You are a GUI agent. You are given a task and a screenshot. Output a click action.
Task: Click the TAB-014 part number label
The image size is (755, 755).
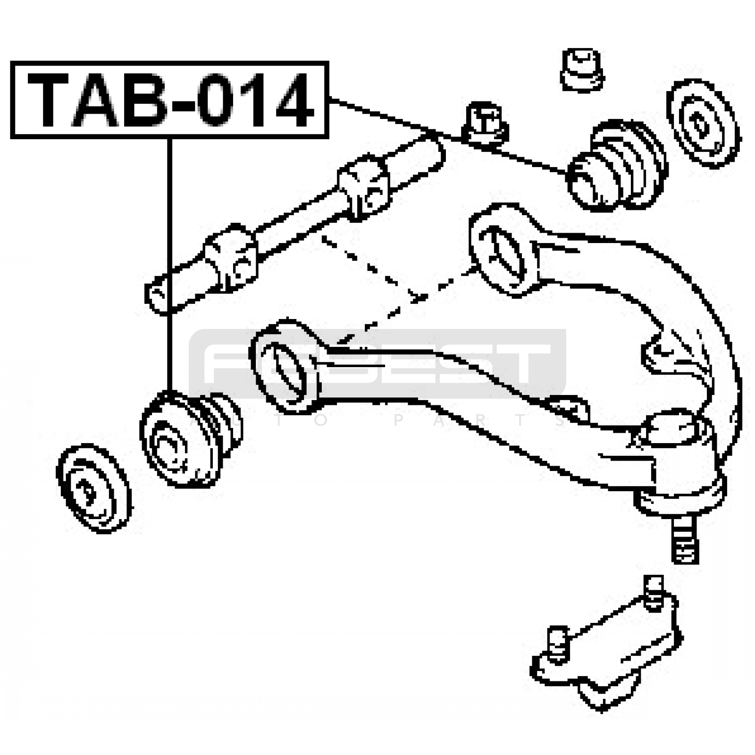(x=169, y=100)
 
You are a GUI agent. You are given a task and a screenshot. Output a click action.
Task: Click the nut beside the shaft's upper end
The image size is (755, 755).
(x=487, y=124)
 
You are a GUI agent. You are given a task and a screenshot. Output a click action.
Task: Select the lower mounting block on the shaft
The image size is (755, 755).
(x=231, y=257)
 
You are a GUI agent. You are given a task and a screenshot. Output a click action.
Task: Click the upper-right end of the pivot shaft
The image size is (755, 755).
(x=429, y=149)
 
